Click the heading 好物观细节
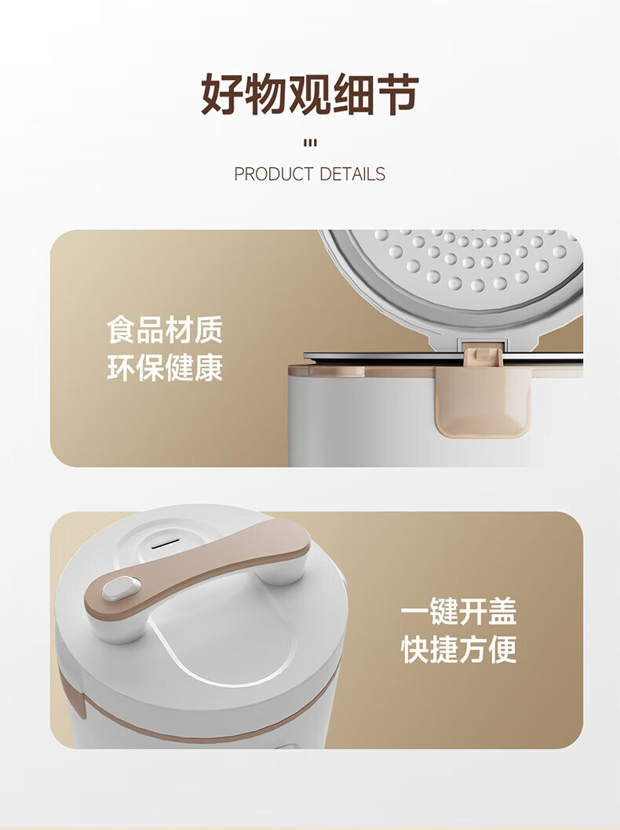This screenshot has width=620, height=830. pos(310,94)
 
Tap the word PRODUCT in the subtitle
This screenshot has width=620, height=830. pos(273,173)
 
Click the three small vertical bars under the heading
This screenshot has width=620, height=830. pos(310,143)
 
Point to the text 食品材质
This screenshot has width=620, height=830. pos(165,329)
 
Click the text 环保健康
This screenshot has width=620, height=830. pos(165,367)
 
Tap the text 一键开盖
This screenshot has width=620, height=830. pos(458,611)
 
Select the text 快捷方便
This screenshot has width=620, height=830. pos(458,650)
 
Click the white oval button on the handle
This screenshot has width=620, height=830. pos(121,588)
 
